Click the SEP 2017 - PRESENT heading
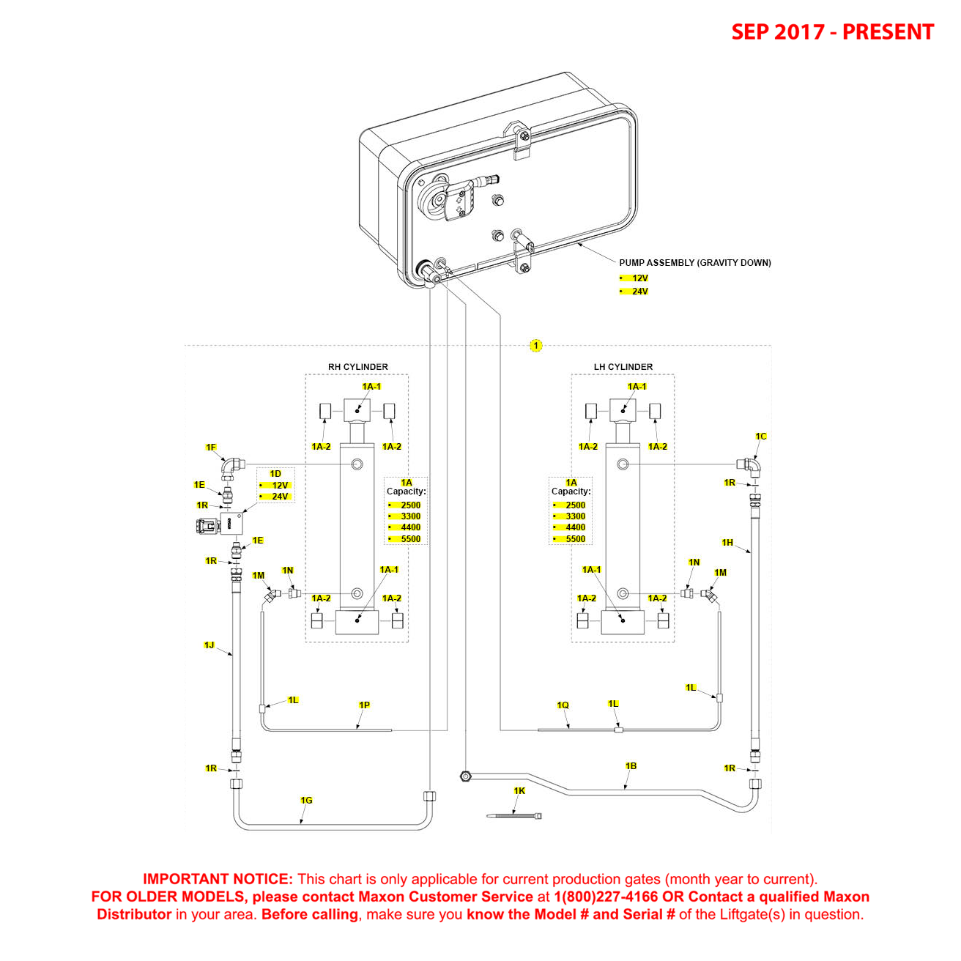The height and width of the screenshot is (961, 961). (832, 32)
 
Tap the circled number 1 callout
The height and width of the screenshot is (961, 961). (536, 346)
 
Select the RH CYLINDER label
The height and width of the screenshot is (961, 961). (357, 367)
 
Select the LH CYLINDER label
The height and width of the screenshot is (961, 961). (623, 367)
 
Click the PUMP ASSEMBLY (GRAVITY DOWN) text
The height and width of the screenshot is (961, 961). (694, 263)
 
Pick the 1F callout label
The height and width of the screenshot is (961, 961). (211, 448)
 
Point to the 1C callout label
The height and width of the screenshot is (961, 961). (761, 437)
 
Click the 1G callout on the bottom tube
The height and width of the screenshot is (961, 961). (306, 801)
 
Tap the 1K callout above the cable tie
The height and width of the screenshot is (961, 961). (519, 791)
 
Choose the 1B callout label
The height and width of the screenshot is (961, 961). (631, 766)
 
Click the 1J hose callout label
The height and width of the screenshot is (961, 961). (209, 645)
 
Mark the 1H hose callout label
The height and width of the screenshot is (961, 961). (727, 543)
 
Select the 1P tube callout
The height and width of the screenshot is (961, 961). (364, 705)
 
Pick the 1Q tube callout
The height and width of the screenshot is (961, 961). (563, 705)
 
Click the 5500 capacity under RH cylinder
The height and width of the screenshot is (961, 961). (410, 539)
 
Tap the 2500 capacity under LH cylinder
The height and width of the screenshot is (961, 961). (575, 505)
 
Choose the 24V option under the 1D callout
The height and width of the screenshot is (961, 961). (280, 497)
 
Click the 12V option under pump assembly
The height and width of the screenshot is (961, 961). (639, 278)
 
